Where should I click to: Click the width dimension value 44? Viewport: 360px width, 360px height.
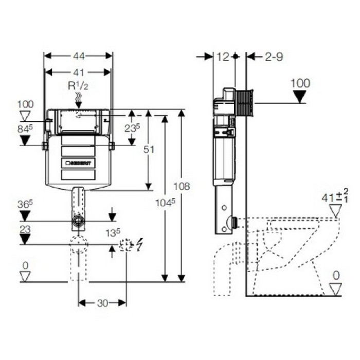click(78, 55)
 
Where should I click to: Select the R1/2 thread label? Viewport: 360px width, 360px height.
click(78, 85)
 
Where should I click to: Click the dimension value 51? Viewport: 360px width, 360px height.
click(149, 149)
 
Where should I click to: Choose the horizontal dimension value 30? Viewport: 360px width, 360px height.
click(102, 303)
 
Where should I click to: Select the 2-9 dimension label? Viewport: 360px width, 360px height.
click(274, 57)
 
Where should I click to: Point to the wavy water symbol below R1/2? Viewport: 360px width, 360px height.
click(78, 98)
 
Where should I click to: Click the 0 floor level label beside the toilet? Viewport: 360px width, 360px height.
click(335, 276)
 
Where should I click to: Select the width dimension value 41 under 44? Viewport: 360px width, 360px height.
click(78, 73)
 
